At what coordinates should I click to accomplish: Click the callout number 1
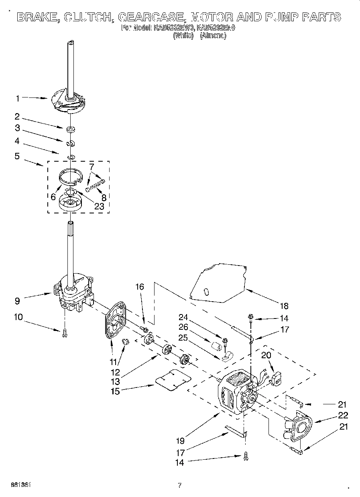tap(17, 98)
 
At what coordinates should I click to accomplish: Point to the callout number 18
tap(284, 306)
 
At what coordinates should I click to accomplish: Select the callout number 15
tap(116, 391)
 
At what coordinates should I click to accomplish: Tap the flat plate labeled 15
tap(173, 379)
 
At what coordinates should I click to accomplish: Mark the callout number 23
tap(99, 207)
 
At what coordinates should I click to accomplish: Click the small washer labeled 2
tap(71, 129)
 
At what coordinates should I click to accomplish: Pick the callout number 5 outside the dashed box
tap(17, 156)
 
